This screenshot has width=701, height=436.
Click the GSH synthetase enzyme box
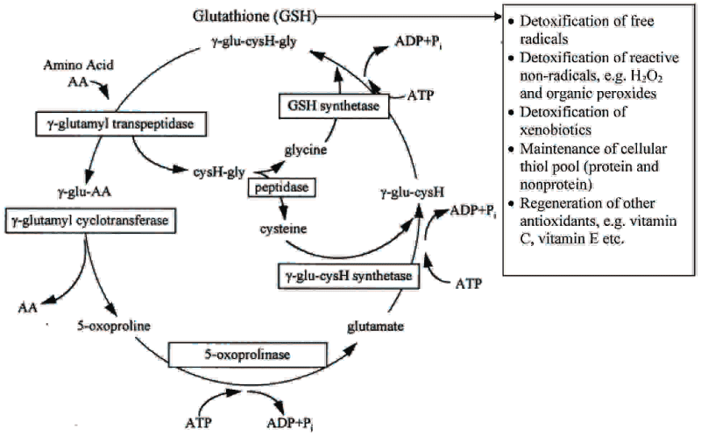pyautogui.click(x=334, y=106)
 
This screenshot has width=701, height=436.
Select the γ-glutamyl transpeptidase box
pyautogui.click(x=121, y=123)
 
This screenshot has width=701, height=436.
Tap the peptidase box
pyautogui.click(x=281, y=187)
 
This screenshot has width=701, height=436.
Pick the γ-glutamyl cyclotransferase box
pyautogui.click(x=90, y=221)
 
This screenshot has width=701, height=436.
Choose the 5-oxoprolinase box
pyautogui.click(x=248, y=355)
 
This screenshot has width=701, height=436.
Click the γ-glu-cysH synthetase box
pyautogui.click(x=349, y=276)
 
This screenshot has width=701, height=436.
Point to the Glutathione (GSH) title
pyautogui.click(x=255, y=17)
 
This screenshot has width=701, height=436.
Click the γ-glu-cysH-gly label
pyautogui.click(x=253, y=41)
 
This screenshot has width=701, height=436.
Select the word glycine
pyautogui.click(x=306, y=150)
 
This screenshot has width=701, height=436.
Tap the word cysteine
pyautogui.click(x=283, y=229)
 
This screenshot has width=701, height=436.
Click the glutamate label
pyautogui.click(x=376, y=327)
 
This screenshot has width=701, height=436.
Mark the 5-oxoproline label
pyautogui.click(x=114, y=326)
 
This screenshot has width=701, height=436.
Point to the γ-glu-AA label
pyautogui.click(x=84, y=192)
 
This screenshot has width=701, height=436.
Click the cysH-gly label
pyautogui.click(x=219, y=172)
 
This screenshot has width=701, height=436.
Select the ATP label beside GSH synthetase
pyautogui.click(x=421, y=95)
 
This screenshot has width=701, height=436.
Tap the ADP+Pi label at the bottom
pyautogui.click(x=290, y=423)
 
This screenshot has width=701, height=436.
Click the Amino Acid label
pyautogui.click(x=79, y=65)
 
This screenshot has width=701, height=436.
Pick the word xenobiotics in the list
pyautogui.click(x=556, y=130)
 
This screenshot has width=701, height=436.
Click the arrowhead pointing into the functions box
pyautogui.click(x=498, y=17)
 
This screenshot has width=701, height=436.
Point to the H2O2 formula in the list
pyautogui.click(x=646, y=76)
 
